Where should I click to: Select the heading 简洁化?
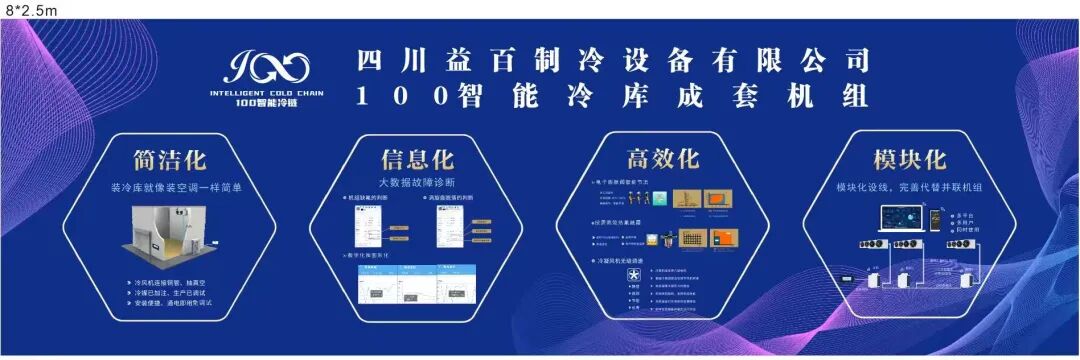[x=169, y=160]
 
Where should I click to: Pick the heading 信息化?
[x=417, y=160]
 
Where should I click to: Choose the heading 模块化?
[x=909, y=160]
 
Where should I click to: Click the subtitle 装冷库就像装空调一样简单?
[x=169, y=187]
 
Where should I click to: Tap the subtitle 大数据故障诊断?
[x=417, y=183]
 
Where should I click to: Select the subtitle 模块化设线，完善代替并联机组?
[x=909, y=186]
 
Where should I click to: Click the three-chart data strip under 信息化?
[x=416, y=283]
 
